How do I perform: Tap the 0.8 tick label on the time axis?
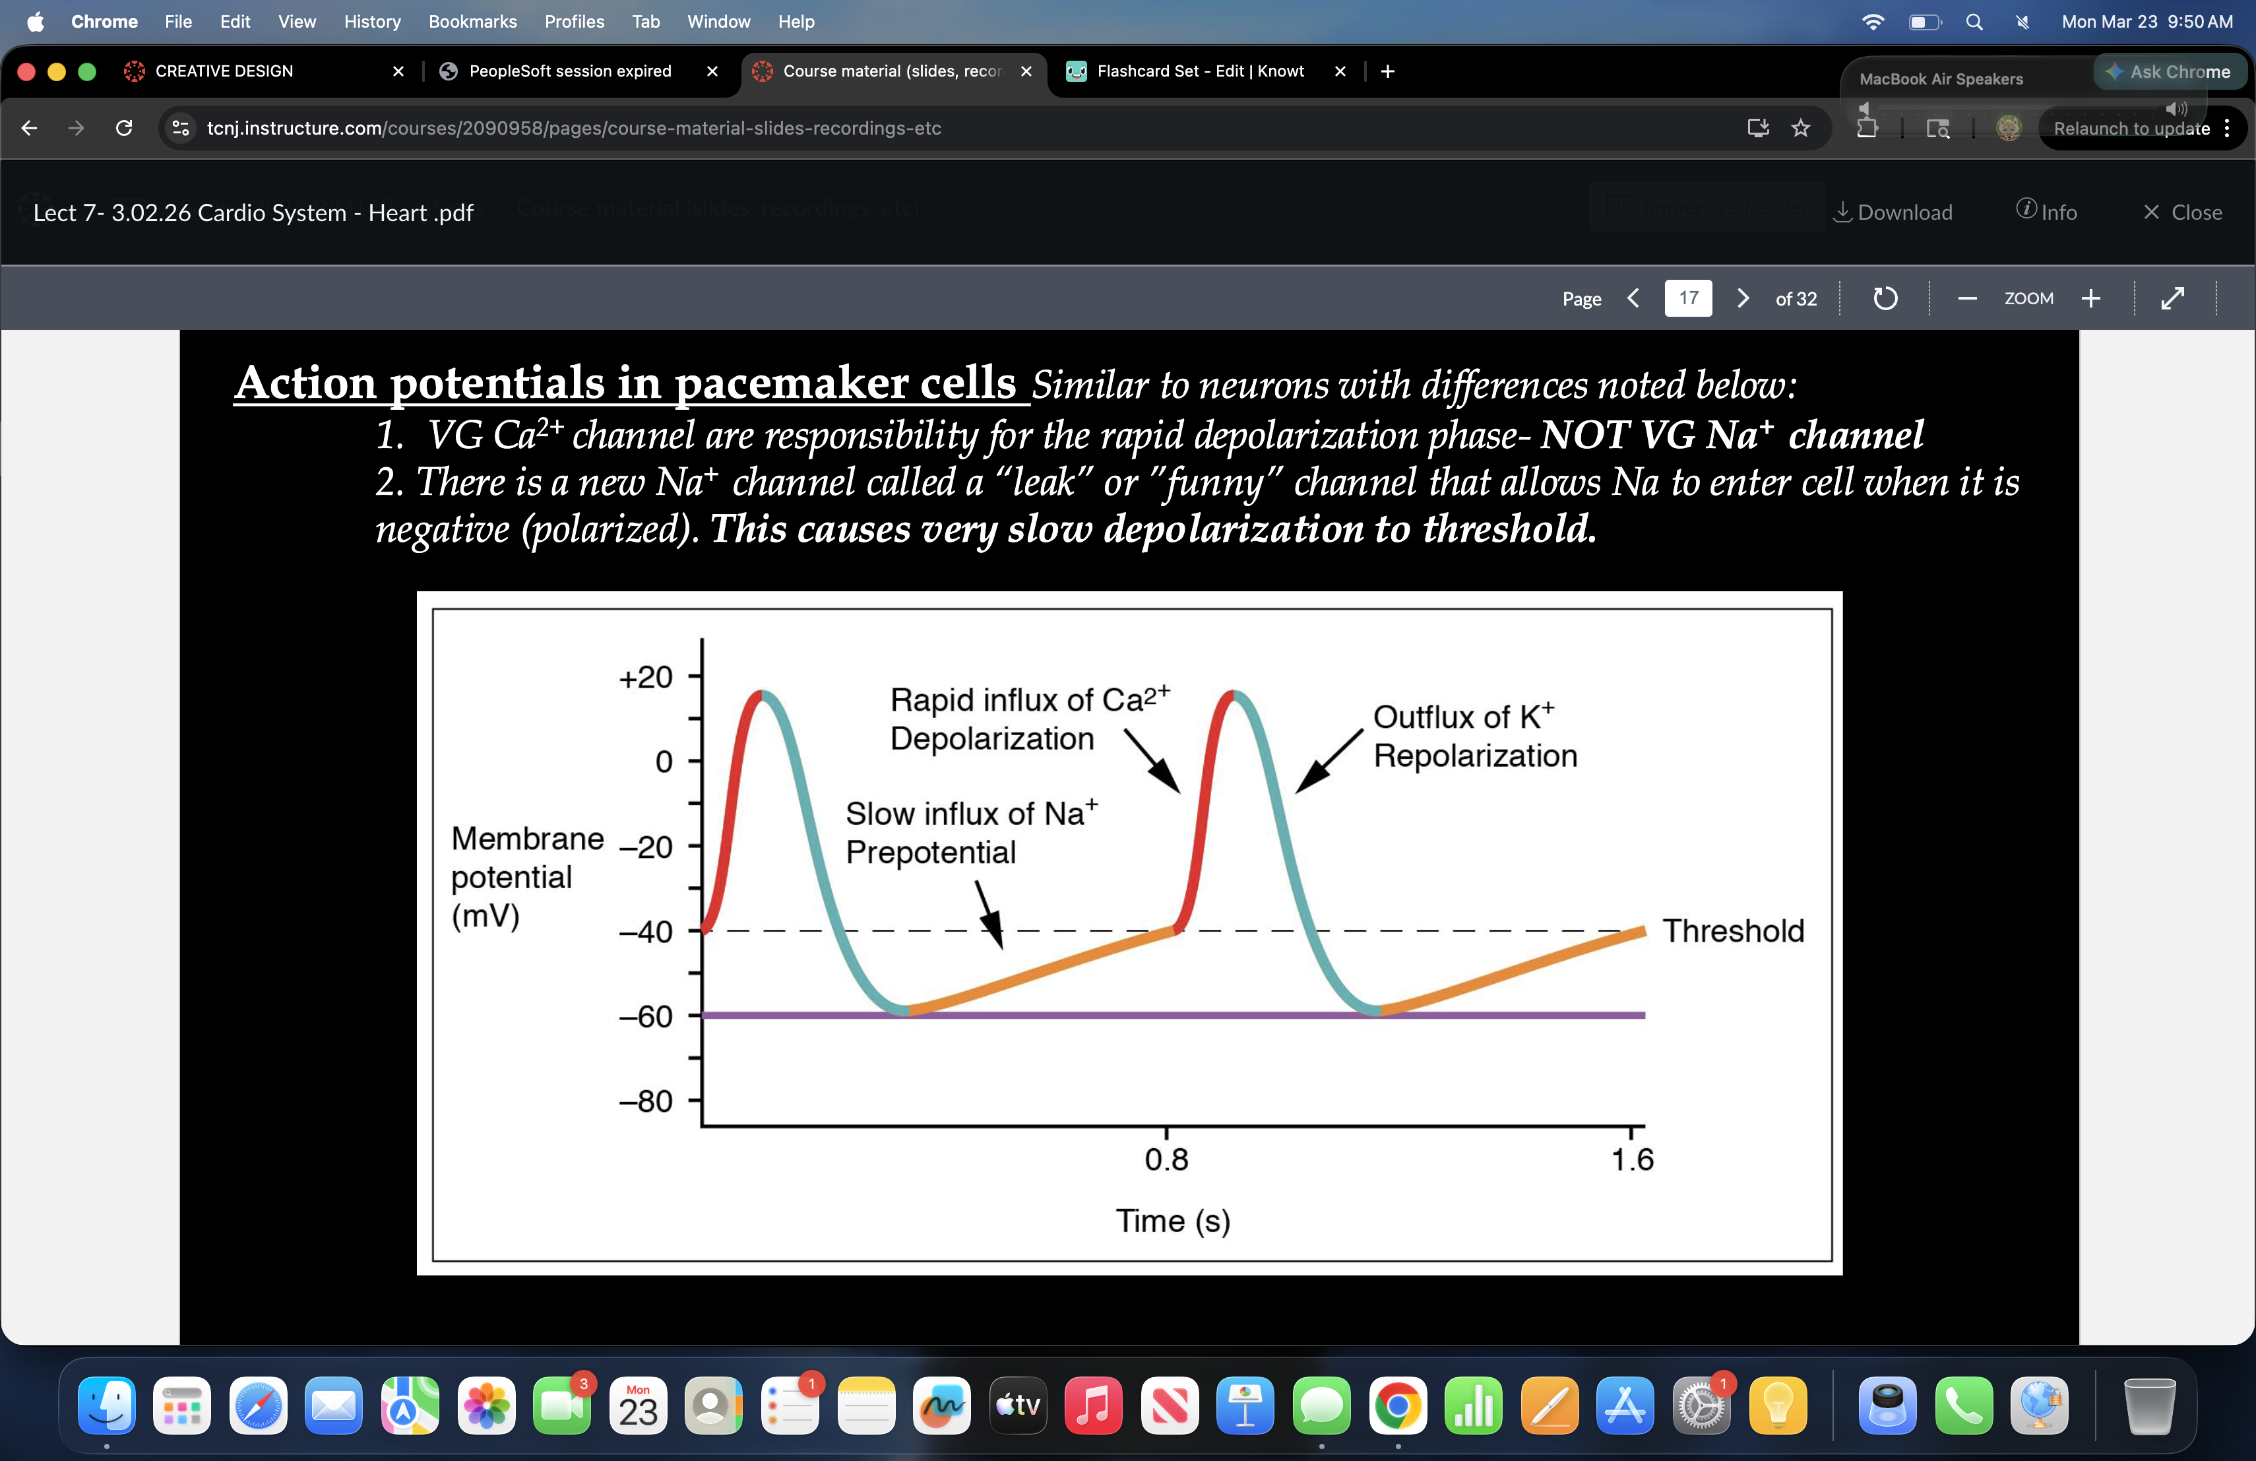[1166, 1159]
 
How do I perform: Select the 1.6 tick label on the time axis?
[1631, 1159]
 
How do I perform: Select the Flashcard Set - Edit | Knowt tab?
[1199, 71]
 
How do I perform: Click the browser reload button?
[123, 128]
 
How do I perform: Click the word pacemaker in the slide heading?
[844, 383]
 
